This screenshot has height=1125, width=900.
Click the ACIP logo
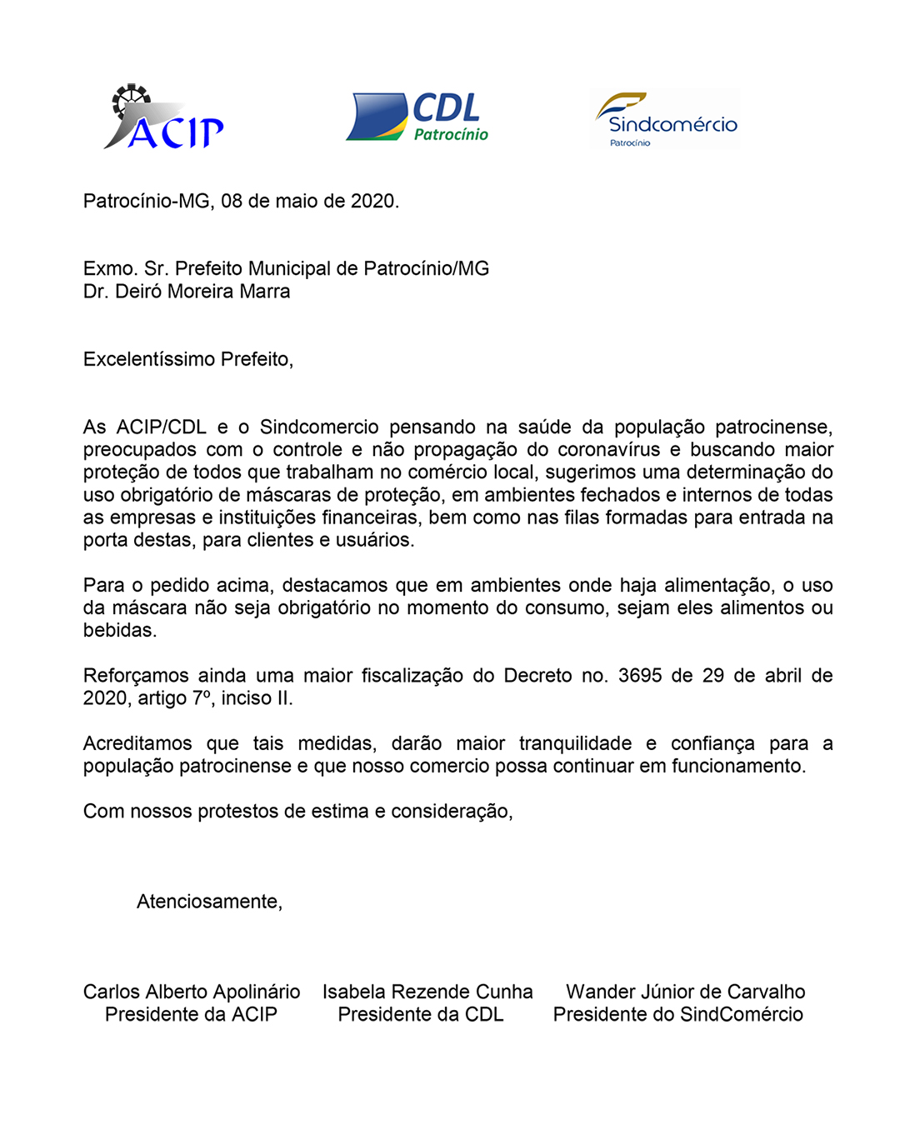[x=164, y=118]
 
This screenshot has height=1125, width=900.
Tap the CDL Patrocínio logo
[x=417, y=117]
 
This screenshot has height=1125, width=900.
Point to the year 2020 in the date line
[x=373, y=201]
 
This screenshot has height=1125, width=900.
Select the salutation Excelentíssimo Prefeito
[x=187, y=359]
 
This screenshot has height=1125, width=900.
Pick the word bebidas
[x=119, y=631]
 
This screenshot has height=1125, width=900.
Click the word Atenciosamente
[x=209, y=902]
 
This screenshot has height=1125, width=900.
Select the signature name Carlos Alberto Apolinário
[x=192, y=992]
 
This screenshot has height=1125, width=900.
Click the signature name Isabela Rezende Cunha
[x=427, y=992]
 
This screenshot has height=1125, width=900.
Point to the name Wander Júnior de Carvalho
[x=685, y=992]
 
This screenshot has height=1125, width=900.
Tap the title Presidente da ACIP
[x=191, y=1014]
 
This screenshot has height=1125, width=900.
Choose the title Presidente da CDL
[x=421, y=1014]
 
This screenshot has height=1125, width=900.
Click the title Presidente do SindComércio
[x=678, y=1014]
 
